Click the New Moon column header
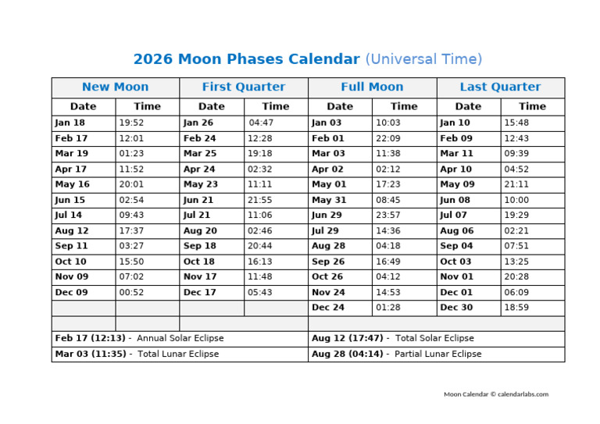click(115, 87)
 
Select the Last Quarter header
click(500, 87)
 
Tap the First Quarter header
click(244, 87)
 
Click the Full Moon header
click(372, 87)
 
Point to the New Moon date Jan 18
click(70, 123)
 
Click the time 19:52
click(131, 123)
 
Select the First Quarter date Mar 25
click(200, 154)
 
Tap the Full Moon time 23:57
click(388, 216)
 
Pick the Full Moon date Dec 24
click(328, 308)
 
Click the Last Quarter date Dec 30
click(456, 308)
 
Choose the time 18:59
click(516, 308)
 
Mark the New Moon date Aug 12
click(72, 231)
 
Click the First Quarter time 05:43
click(260, 292)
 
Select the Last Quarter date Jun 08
click(455, 200)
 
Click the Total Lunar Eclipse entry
click(137, 354)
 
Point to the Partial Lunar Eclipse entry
click(396, 354)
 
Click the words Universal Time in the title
click(423, 59)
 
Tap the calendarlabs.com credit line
click(496, 394)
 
